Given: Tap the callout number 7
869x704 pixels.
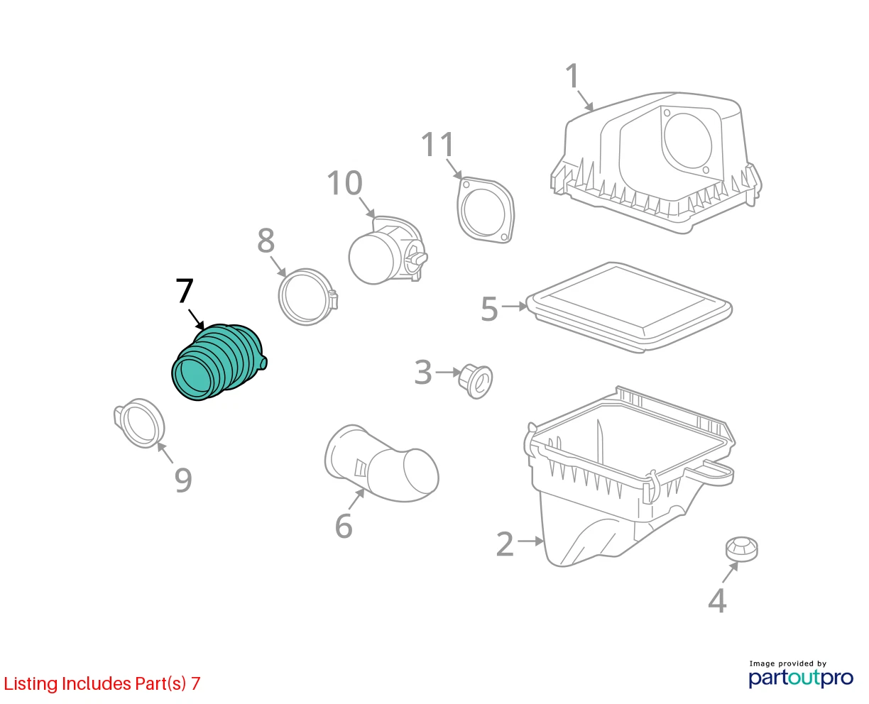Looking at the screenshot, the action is point(185,291).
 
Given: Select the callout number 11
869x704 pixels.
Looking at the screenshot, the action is point(437,144).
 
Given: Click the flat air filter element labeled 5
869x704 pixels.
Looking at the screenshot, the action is point(629,307).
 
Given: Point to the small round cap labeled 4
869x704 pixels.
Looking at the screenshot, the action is point(742,549).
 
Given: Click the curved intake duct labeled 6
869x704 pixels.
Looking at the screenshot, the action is point(381,463).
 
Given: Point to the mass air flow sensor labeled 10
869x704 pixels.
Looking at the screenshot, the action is point(388,251).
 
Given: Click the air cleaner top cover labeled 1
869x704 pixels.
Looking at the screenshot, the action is point(655,163).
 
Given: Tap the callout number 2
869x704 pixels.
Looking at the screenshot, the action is point(505,544).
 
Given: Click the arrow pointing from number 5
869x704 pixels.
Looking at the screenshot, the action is point(515,306).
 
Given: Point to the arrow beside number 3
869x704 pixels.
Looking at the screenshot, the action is point(448,372).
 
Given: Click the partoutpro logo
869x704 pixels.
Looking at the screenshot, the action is point(801,678).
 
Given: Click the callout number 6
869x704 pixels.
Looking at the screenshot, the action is point(344,526).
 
